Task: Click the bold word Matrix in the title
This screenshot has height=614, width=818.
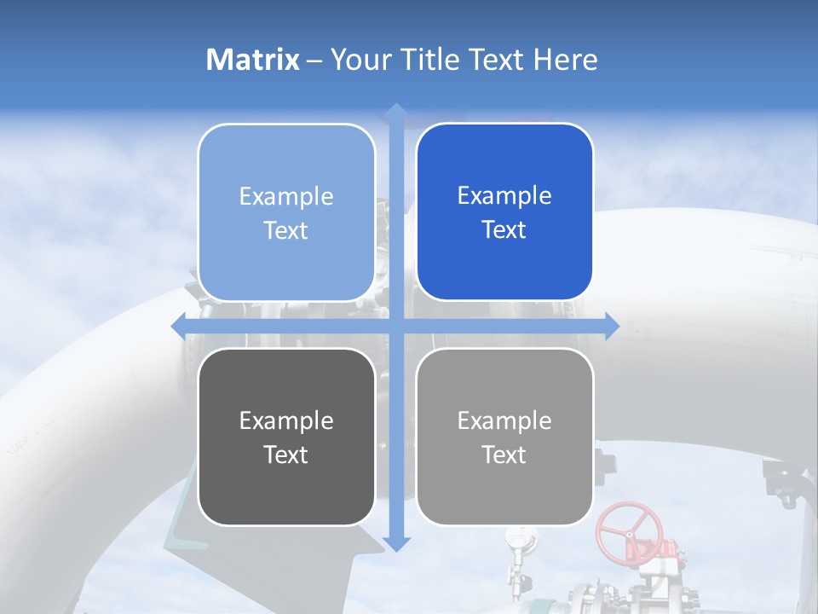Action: (253, 60)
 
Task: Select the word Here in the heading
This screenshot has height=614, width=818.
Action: (565, 60)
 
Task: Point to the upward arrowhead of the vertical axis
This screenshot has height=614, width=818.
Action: (395, 111)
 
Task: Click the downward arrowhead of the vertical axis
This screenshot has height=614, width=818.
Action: (395, 543)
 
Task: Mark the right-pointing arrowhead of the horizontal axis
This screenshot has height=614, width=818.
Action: (611, 326)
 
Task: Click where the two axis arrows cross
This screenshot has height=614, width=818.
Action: (395, 326)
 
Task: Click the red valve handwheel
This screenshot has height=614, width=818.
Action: (629, 531)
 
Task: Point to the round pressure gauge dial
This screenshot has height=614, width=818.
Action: (516, 536)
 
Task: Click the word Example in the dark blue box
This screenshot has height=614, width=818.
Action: (504, 195)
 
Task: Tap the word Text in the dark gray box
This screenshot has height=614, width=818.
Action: (286, 455)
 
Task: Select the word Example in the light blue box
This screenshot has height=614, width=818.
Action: (286, 196)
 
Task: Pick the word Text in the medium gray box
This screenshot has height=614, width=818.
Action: (504, 455)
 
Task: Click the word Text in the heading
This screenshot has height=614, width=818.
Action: (494, 60)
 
